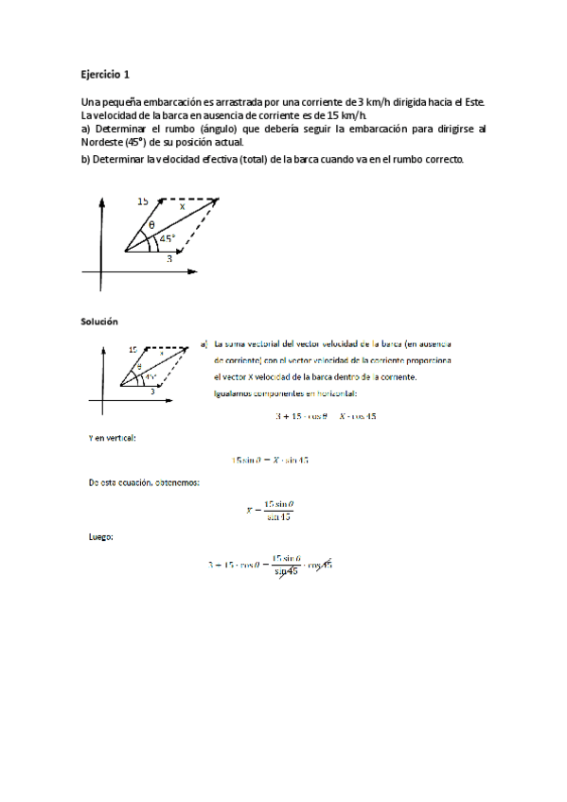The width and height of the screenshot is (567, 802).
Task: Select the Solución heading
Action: click(99, 322)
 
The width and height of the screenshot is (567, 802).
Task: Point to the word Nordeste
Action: click(102, 142)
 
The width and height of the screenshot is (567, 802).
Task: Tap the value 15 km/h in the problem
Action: click(346, 114)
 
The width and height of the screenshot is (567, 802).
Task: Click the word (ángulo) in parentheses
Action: click(221, 129)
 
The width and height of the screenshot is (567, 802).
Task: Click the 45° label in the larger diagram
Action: click(168, 238)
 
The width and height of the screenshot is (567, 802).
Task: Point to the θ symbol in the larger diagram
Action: click(151, 225)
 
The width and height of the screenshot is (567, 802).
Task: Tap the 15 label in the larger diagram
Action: click(143, 201)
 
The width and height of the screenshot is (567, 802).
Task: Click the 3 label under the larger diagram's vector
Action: click(169, 257)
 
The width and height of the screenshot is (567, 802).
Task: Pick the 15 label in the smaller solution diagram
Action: click(133, 349)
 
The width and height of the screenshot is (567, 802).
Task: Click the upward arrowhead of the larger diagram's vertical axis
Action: click(99, 200)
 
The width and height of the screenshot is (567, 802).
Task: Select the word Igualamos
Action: click(239, 393)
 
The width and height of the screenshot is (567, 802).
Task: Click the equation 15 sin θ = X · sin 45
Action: click(271, 460)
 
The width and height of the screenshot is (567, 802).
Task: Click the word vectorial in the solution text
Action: click(267, 344)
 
